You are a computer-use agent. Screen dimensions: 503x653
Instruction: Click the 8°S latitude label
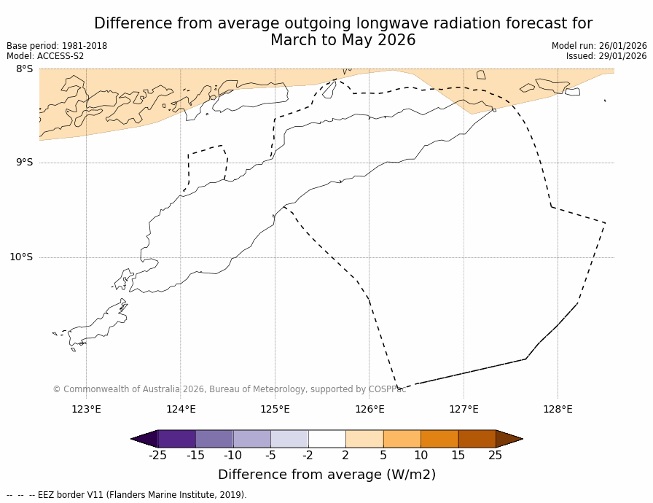pyautogui.click(x=24, y=69)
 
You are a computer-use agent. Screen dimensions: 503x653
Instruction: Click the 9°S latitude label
pyautogui.click(x=24, y=163)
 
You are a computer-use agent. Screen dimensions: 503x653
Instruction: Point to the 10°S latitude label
pyautogui.click(x=21, y=257)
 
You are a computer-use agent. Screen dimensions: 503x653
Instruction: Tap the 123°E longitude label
pyautogui.click(x=86, y=409)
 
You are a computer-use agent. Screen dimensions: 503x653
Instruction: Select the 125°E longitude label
pyautogui.click(x=275, y=409)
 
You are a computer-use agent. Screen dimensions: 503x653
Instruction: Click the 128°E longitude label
pyautogui.click(x=558, y=409)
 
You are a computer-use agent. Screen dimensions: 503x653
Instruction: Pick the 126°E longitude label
pyautogui.click(x=369, y=409)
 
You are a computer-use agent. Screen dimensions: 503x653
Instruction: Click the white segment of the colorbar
pyautogui.click(x=326, y=439)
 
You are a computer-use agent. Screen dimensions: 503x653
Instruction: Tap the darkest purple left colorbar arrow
pyautogui.click(x=144, y=439)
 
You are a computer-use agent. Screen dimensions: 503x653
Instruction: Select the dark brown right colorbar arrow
pyautogui.click(x=509, y=439)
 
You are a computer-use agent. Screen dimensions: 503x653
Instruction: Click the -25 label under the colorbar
pyautogui.click(x=157, y=456)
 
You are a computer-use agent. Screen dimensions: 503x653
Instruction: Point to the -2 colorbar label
pyautogui.click(x=308, y=456)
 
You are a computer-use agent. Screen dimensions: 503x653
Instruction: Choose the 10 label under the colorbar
pyautogui.click(x=421, y=456)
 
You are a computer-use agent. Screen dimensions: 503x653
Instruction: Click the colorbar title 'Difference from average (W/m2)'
pyautogui.click(x=326, y=475)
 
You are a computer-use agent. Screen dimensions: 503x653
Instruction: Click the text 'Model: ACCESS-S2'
pyautogui.click(x=45, y=56)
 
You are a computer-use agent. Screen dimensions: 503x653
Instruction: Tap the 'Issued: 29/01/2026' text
pyautogui.click(x=606, y=56)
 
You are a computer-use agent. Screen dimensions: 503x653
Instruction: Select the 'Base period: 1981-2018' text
pyautogui.click(x=57, y=46)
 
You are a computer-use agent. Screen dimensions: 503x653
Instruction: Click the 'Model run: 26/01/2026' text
pyautogui.click(x=599, y=46)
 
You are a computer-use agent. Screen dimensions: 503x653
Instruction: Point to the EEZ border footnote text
pyautogui.click(x=127, y=495)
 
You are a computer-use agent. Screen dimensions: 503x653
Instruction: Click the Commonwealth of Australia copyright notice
pyautogui.click(x=230, y=389)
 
